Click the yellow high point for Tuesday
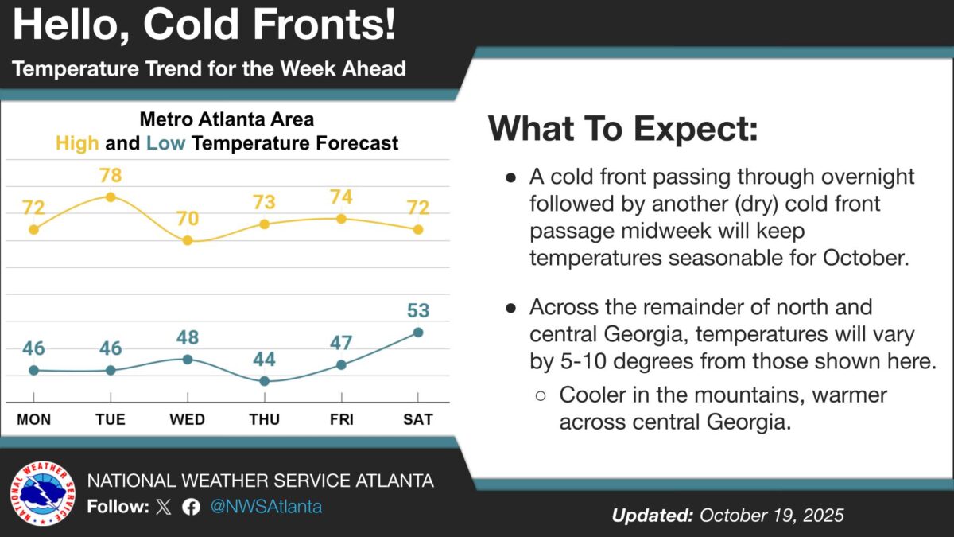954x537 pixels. coord(111,197)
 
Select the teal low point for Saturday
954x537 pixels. coord(418,333)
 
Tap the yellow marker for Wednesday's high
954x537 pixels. coord(188,241)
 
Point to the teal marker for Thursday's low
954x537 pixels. coord(265,381)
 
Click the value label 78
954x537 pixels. coord(111,175)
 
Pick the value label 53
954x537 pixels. coord(418,310)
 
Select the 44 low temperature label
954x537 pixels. coord(265,360)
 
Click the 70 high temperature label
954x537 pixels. coord(188,219)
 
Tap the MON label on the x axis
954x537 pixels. coord(33,420)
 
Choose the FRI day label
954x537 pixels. coord(342,420)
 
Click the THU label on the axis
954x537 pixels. coord(265,420)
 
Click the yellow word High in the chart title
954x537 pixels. coord(77,143)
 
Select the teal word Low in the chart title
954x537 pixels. coord(165,143)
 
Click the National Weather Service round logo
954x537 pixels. coord(43,493)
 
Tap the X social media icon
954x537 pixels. coord(164,507)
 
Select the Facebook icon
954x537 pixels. coord(192,507)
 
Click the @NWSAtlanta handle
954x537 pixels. coord(266,507)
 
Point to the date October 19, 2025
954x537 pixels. coord(771,516)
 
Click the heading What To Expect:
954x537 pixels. coord(623,128)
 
